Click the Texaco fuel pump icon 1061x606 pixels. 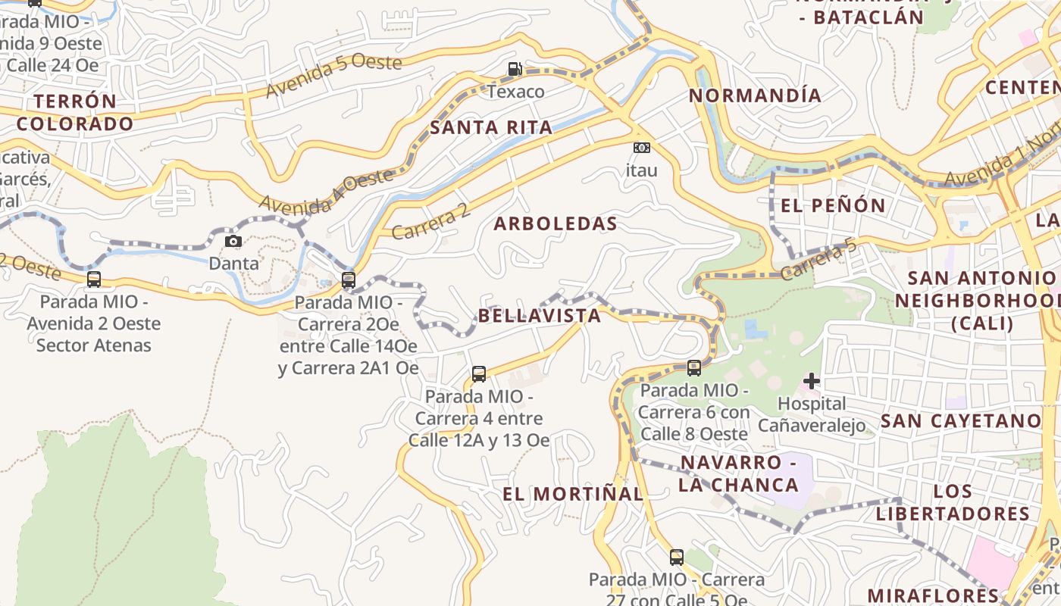tap(515, 70)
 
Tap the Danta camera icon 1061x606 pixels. tap(233, 242)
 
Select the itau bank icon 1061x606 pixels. tap(641, 148)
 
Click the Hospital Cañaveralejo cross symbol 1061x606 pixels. tap(812, 381)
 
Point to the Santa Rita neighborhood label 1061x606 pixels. tap(491, 127)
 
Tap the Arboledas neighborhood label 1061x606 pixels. tap(556, 223)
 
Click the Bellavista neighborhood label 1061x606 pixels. tap(540, 315)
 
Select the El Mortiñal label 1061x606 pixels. tap(573, 494)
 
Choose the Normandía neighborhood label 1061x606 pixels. tap(755, 95)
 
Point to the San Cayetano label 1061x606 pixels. tap(961, 420)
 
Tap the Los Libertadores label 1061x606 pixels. tap(953, 502)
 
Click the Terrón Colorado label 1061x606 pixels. tap(75, 112)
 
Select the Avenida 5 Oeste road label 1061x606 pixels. tap(333, 75)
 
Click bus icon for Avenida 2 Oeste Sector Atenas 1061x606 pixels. tap(94, 280)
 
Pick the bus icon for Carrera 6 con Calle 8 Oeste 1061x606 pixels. tap(693, 368)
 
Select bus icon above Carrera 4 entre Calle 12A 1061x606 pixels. tap(479, 373)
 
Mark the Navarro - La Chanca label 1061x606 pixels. tap(738, 473)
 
